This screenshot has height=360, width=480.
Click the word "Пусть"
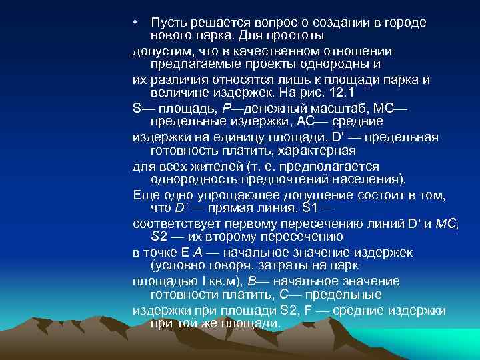click(x=167, y=23)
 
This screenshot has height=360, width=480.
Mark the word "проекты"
click(x=279, y=65)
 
